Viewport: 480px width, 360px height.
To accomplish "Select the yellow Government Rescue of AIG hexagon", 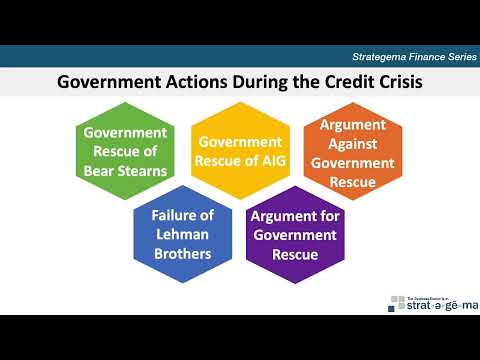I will point(239,151).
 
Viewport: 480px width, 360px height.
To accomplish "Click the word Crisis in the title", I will point(395,81).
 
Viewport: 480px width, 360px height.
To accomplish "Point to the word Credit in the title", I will point(329,81).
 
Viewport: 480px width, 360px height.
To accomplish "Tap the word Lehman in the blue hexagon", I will point(182,235).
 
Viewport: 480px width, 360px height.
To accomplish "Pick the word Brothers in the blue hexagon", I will point(182,253).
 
